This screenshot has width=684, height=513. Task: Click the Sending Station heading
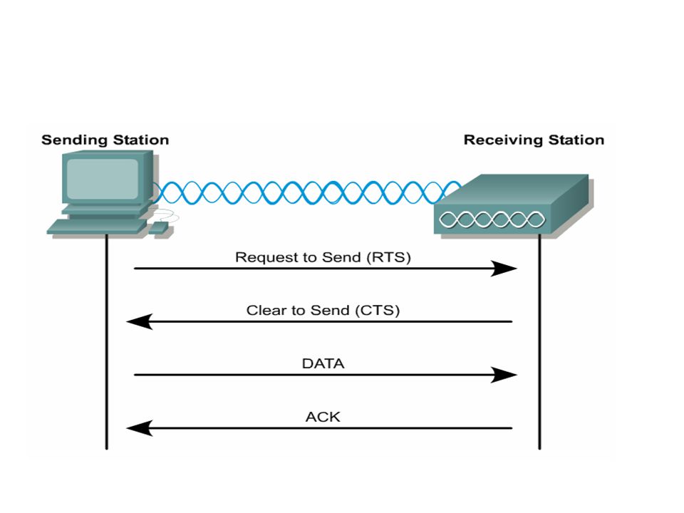coord(105,140)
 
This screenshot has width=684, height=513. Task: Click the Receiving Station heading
coord(534,140)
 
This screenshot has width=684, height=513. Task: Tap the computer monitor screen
coord(103,178)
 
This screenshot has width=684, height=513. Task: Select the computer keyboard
coord(97,227)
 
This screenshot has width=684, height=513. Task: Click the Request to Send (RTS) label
coord(323,257)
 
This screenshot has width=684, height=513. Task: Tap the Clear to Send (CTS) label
coord(323,310)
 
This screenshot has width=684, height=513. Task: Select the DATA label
coord(323,363)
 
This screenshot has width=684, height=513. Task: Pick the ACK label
coord(323,417)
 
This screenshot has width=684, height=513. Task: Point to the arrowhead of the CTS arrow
coord(140,321)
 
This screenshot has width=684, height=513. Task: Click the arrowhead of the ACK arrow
coord(140,428)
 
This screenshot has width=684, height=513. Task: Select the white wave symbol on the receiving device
coord(492,219)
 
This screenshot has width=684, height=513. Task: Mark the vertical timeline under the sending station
coord(106,342)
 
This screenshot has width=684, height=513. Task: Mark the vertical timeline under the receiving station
coord(539,342)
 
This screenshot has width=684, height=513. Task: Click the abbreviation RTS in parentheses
coord(389,257)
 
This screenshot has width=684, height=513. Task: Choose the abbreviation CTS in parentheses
coord(378,311)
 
